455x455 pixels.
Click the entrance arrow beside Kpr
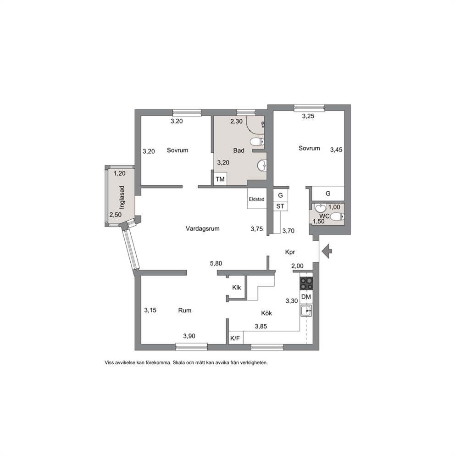[327, 251]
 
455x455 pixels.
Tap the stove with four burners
[306, 283]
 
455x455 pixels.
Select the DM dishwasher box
[306, 297]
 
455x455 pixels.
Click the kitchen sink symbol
[306, 311]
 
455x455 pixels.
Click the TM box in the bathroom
[220, 179]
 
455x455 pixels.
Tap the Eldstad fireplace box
[257, 199]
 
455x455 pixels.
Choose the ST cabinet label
[280, 206]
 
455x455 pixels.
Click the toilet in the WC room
[337, 216]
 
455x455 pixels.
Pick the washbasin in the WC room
[320, 208]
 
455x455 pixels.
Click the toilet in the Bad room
[257, 142]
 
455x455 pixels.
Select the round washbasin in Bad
[262, 166]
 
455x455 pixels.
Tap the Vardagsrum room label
[203, 229]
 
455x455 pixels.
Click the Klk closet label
[237, 288]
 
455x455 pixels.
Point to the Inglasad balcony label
[122, 197]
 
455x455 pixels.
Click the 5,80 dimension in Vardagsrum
[216, 263]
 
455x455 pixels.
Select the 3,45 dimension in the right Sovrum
[336, 150]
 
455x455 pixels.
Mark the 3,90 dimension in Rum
[189, 336]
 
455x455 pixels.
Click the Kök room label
[266, 313]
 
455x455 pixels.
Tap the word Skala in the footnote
[178, 363]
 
